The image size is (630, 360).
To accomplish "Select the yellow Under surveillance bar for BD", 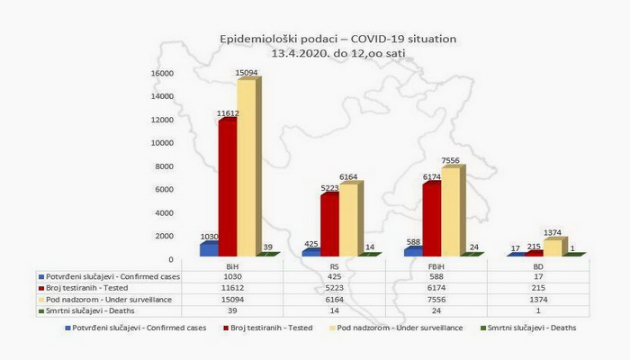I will (x=553, y=247).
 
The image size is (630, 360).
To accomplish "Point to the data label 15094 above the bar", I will (x=247, y=74).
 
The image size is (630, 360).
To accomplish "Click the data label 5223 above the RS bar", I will (x=329, y=188).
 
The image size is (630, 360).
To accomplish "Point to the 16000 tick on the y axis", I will (x=161, y=73).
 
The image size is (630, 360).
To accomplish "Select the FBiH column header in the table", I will (x=435, y=266).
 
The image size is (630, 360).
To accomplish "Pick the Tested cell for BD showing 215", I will (x=537, y=289).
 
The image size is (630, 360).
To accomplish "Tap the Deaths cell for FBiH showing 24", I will (x=435, y=310).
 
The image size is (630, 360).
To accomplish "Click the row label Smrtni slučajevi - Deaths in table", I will (x=85, y=310).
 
